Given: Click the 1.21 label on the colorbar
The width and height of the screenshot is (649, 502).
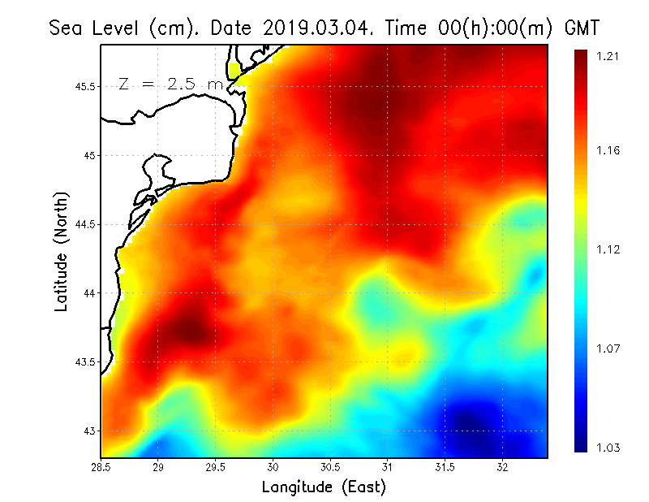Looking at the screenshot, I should coord(608,56).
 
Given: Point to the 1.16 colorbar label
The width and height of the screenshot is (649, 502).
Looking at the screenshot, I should coord(608,150).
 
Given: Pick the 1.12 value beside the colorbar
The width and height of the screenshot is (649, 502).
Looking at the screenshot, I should coord(608,249).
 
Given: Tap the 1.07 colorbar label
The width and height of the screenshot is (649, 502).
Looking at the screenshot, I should coord(608,348).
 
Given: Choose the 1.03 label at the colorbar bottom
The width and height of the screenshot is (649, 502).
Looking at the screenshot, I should coord(608,448).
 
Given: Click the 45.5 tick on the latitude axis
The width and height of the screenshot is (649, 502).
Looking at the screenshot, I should coord(82,86).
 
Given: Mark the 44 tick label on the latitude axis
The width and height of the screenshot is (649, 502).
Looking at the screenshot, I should coord(88,292).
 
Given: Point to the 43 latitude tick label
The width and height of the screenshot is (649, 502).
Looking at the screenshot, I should coord(88,431).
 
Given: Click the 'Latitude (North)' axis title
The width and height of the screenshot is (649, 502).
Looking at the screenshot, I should coord(62,252).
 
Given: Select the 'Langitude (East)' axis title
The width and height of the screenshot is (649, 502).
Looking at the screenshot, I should coord(324,487).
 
